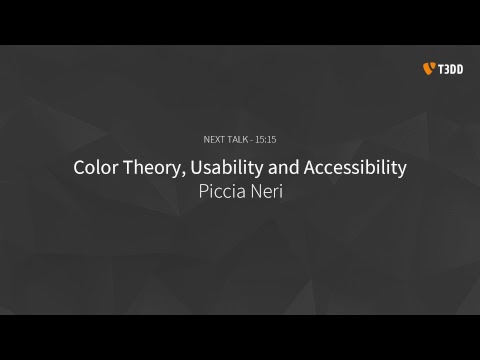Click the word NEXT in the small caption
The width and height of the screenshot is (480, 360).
pyautogui.click(x=214, y=139)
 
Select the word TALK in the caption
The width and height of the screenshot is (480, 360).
pyautogui.click(x=237, y=139)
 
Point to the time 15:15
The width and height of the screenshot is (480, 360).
pyautogui.click(x=265, y=139)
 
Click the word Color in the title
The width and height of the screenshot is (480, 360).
pyautogui.click(x=95, y=167)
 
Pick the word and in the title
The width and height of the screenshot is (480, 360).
pyautogui.click(x=286, y=167)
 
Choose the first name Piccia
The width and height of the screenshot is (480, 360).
pyautogui.click(x=223, y=191)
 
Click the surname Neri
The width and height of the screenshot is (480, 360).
pyautogui.click(x=265, y=191)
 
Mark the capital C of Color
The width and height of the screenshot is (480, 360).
pyautogui.click(x=80, y=167)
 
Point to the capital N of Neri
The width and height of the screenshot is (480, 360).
pyautogui.click(x=254, y=191)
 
